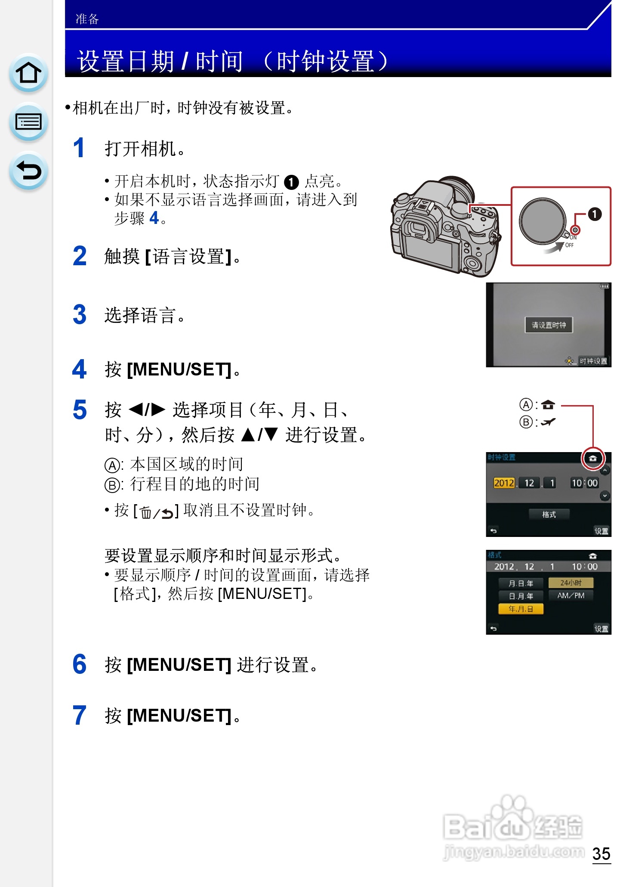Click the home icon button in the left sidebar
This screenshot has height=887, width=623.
click(x=28, y=73)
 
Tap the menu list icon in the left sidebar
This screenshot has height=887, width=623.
click(x=28, y=122)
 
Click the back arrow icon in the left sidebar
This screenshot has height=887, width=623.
click(x=28, y=171)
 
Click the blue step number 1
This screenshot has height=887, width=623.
click(x=79, y=148)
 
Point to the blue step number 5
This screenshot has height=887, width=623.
click(x=80, y=409)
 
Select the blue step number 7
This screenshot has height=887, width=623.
click(x=80, y=715)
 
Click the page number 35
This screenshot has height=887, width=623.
click(x=601, y=853)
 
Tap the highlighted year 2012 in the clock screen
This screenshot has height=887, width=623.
click(x=504, y=483)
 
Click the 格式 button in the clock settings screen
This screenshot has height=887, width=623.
click(x=549, y=514)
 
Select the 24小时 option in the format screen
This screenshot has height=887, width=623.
click(x=571, y=583)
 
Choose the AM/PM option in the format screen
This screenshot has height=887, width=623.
click(x=571, y=595)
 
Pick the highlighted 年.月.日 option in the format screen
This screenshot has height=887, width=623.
click(x=521, y=609)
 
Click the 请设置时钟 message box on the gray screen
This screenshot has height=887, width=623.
click(x=549, y=325)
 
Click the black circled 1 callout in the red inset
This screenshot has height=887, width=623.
click(x=595, y=214)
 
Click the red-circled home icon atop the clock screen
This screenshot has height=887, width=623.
click(x=593, y=458)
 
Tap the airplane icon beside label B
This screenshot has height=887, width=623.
click(x=548, y=422)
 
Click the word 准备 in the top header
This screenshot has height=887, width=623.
click(x=87, y=19)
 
